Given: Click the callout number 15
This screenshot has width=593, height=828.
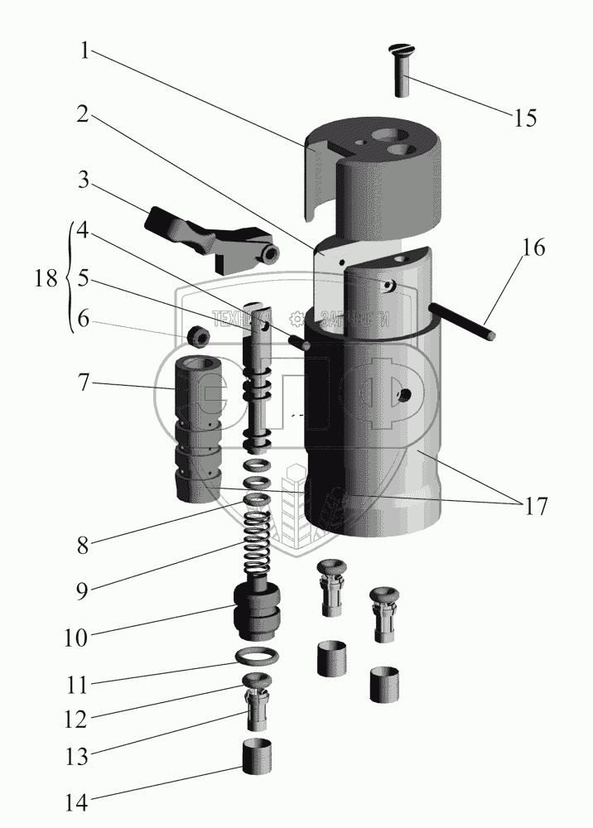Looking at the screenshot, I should [x=524, y=117].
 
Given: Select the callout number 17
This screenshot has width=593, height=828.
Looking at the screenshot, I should [x=531, y=504].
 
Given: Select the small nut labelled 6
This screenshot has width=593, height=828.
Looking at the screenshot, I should [x=200, y=335].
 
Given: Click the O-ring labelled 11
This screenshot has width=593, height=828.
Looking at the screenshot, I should [x=258, y=657].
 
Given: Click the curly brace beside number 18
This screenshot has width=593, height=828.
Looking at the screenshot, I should [x=67, y=279].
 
